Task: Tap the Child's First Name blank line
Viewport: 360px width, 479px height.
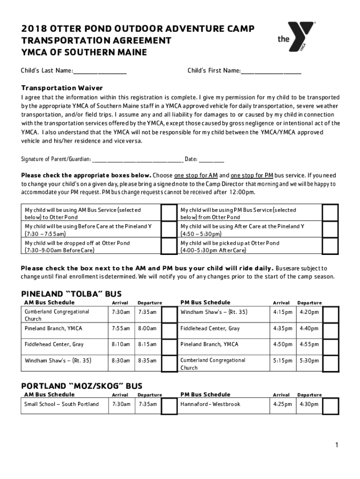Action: point(271,72)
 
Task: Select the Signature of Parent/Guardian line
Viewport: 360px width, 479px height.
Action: point(137,160)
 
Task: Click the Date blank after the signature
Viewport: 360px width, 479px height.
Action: point(211,160)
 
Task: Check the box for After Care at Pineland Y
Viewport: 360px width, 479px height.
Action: point(331,230)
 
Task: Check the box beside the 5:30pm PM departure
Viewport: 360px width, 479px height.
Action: point(331,363)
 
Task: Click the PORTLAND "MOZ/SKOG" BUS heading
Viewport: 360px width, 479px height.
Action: point(82,386)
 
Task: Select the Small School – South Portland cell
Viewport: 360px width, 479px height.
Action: point(62,404)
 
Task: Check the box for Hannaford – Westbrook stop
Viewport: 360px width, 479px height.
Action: point(331,406)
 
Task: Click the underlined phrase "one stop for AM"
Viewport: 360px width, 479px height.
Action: point(196,176)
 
